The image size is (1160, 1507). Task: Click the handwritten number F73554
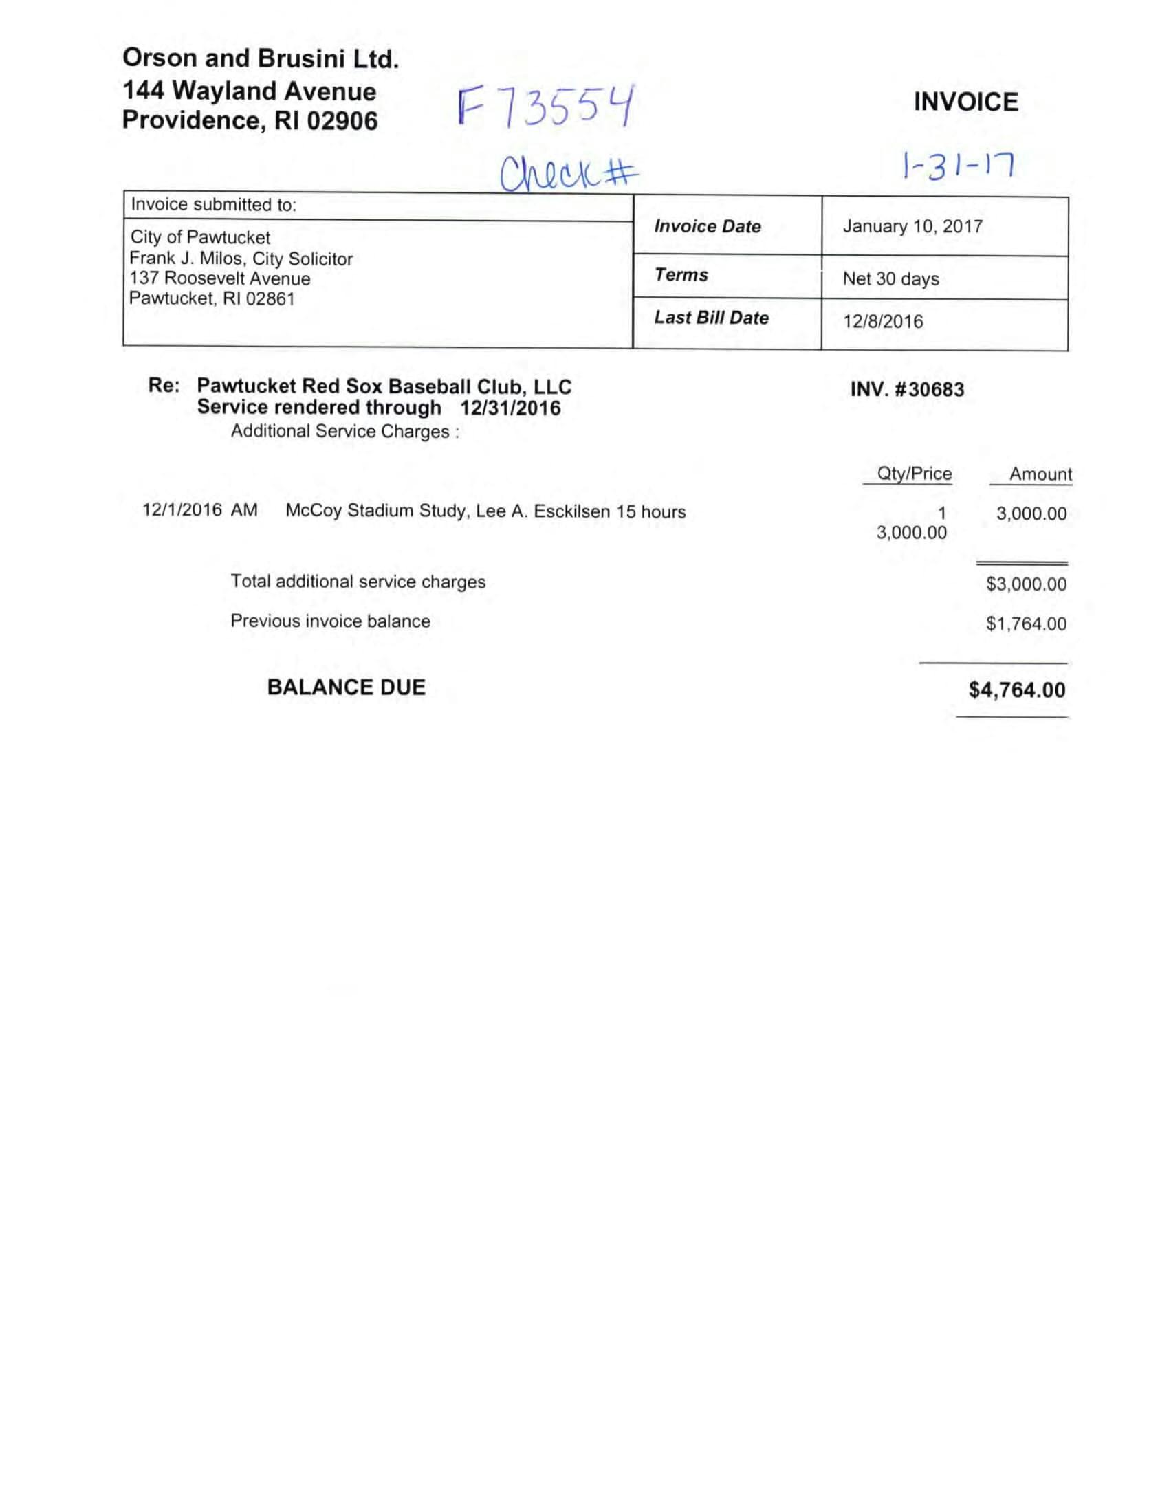(545, 107)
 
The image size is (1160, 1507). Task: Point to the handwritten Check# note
(569, 174)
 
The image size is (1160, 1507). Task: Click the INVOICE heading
(965, 102)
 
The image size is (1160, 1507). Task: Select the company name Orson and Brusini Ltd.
(260, 58)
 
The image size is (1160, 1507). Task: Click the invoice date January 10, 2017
(912, 226)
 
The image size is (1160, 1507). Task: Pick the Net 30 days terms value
(890, 278)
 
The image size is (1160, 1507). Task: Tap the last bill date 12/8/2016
(882, 322)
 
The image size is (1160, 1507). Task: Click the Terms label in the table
(681, 274)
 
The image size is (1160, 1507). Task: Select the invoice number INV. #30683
(907, 389)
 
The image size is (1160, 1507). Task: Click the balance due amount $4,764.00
(1016, 690)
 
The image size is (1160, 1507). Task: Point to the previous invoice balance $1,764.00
(1025, 624)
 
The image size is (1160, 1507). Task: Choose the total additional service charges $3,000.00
(1025, 584)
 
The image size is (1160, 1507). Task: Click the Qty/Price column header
(914, 474)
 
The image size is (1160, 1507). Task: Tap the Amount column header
(1040, 475)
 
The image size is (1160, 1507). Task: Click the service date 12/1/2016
(182, 510)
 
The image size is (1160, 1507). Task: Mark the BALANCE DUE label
(346, 687)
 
